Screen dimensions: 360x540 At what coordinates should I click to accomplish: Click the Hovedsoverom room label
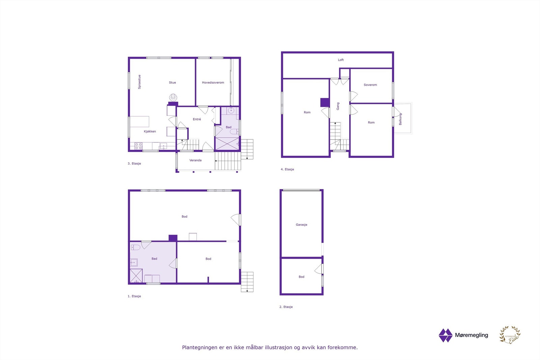[x=213, y=83]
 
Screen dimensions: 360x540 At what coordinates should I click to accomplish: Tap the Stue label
[x=172, y=83]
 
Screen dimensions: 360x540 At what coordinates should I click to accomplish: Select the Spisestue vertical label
[x=139, y=82]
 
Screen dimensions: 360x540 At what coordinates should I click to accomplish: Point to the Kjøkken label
[x=150, y=132]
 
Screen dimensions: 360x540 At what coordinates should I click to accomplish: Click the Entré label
[x=197, y=119]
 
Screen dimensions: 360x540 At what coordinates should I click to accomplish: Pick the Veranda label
[x=195, y=161]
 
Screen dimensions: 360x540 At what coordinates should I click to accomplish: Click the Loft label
[x=341, y=60]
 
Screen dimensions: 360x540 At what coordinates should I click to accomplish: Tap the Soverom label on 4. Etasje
[x=370, y=85]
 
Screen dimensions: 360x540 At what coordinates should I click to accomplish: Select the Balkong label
[x=401, y=119]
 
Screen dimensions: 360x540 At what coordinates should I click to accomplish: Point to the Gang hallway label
[x=338, y=106]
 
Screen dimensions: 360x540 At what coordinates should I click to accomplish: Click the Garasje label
[x=301, y=225]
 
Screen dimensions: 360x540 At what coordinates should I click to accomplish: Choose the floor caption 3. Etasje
[x=134, y=164]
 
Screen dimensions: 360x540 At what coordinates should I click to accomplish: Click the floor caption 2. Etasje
[x=286, y=307]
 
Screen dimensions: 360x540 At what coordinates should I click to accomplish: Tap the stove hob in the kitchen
[x=138, y=146]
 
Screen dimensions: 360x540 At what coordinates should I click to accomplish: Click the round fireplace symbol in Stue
[x=173, y=98]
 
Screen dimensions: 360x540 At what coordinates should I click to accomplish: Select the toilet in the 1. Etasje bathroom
[x=135, y=247]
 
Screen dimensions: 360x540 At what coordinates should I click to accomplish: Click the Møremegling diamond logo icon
[x=446, y=335]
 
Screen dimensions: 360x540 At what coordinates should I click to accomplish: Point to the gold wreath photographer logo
[x=510, y=335]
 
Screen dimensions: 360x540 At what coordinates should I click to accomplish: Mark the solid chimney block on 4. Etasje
[x=325, y=102]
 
